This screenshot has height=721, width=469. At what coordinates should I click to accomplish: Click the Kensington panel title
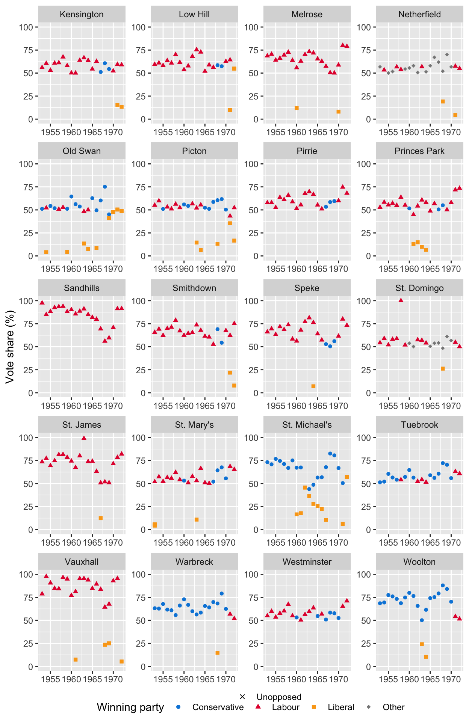click(82, 14)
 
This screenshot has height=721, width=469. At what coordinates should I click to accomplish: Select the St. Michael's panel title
click(307, 425)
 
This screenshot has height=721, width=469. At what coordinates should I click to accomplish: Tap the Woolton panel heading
click(419, 562)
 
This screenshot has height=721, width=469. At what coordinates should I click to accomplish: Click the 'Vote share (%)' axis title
click(10, 346)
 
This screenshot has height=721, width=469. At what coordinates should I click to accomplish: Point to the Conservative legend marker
click(179, 707)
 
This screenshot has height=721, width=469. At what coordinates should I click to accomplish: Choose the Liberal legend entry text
click(341, 707)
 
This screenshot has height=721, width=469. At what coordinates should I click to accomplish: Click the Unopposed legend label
click(279, 697)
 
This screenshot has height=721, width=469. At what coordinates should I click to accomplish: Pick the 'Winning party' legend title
click(130, 707)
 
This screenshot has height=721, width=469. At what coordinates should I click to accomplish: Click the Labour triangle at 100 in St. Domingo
click(401, 300)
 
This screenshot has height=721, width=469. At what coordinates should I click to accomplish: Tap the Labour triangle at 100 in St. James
click(84, 438)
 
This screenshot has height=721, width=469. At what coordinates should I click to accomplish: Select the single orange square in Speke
click(313, 386)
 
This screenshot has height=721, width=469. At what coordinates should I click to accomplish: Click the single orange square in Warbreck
click(217, 653)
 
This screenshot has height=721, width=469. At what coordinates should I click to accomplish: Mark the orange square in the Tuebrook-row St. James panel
click(101, 518)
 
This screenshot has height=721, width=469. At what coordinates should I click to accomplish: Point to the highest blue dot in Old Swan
click(105, 187)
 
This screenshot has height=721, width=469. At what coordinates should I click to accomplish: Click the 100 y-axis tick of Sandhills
click(28, 301)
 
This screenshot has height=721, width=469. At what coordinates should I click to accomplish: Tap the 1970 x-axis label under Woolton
click(451, 679)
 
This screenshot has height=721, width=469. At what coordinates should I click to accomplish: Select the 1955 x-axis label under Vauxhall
click(50, 679)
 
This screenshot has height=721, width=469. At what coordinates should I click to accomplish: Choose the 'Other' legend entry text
click(393, 707)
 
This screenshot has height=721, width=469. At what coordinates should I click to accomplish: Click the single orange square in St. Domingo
click(443, 369)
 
